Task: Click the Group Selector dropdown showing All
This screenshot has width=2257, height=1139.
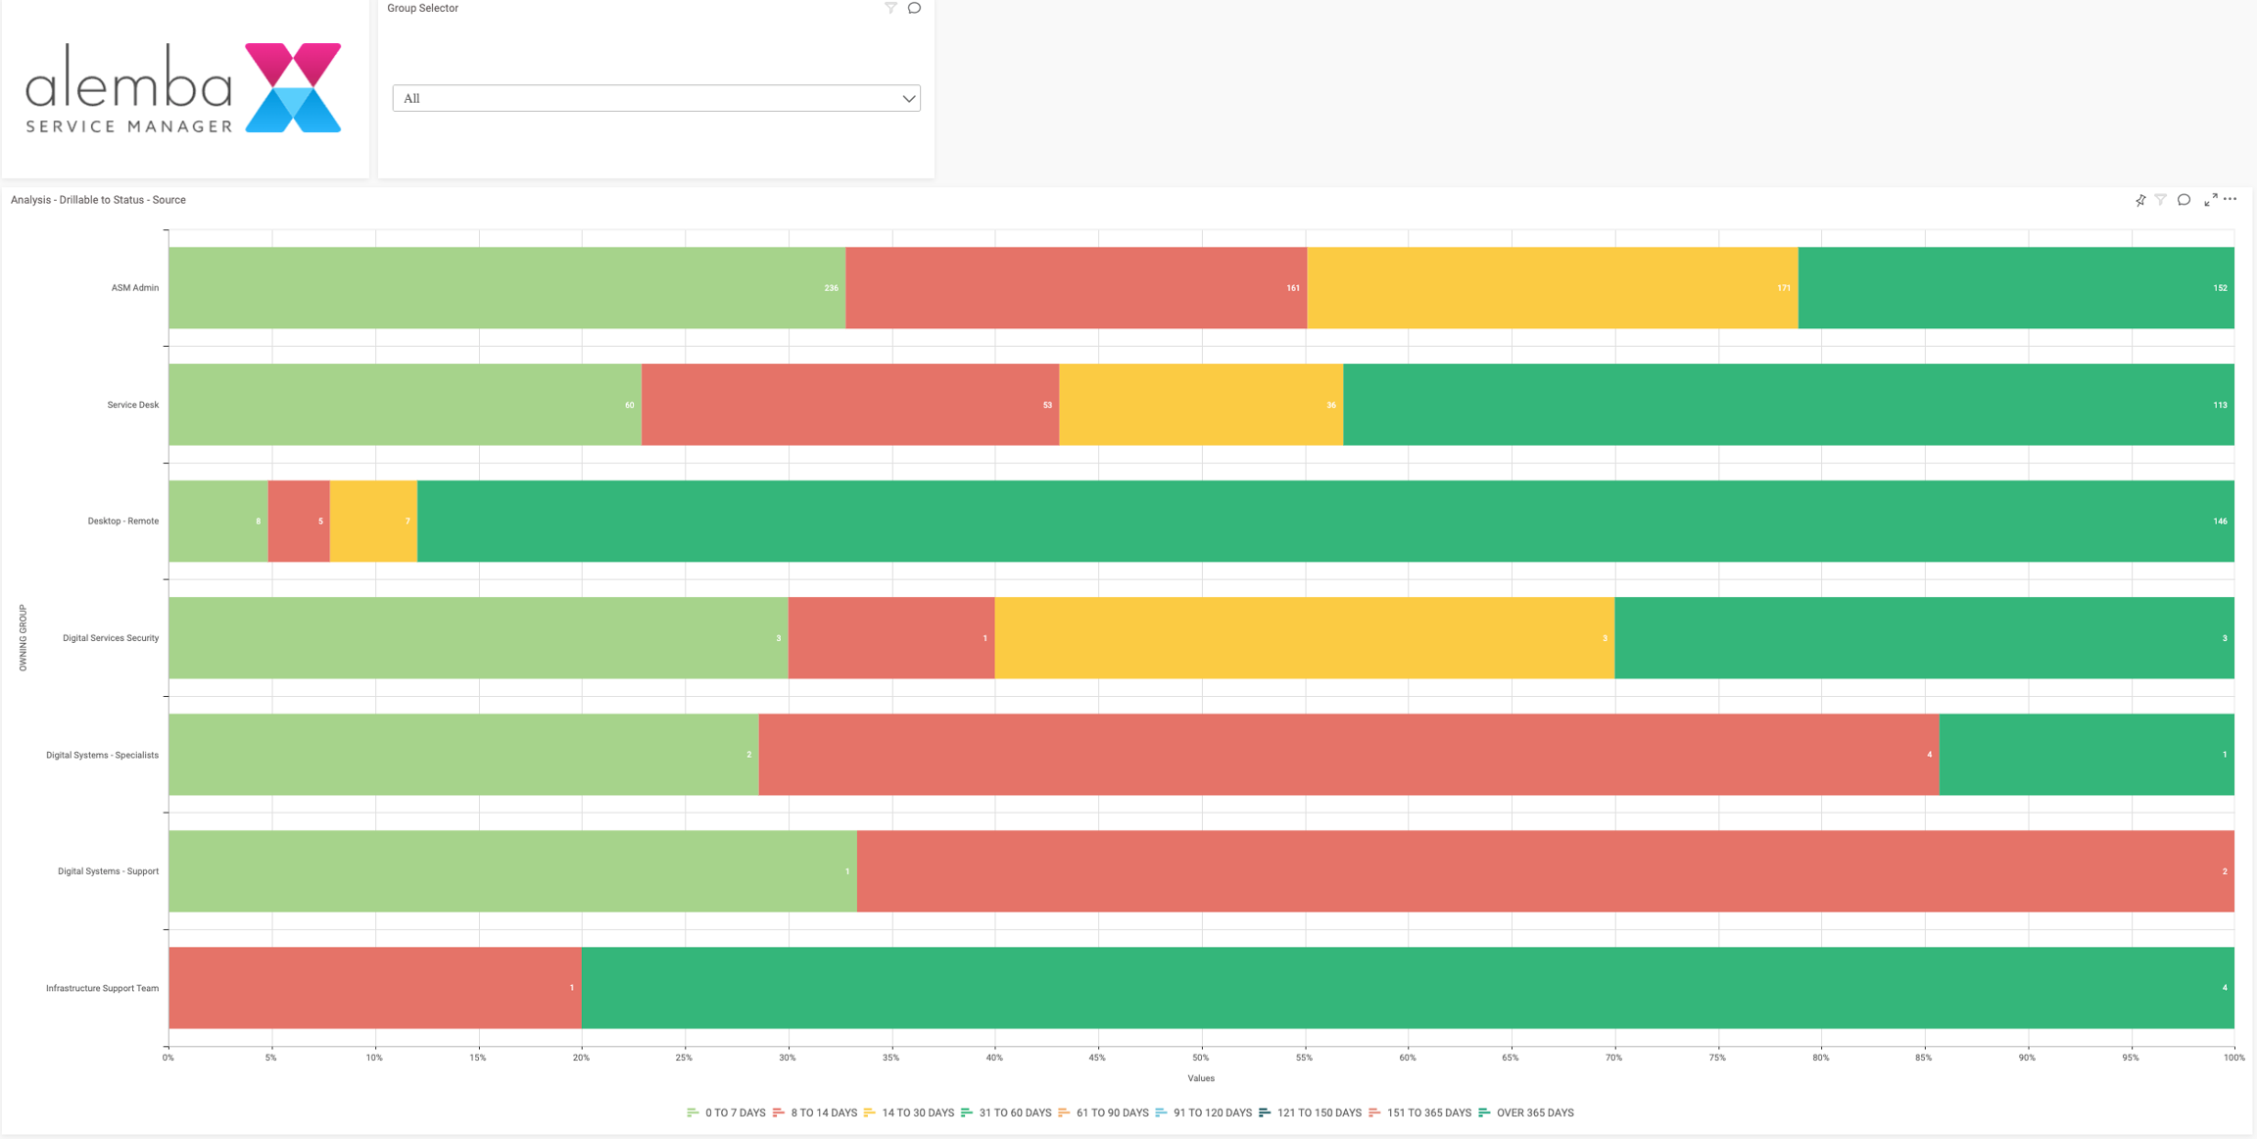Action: pos(655,98)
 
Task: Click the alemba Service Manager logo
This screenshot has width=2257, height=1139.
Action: pos(183,88)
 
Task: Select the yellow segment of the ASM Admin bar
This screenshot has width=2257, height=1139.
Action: pos(1552,288)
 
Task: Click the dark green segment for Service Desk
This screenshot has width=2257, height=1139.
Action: pos(1788,405)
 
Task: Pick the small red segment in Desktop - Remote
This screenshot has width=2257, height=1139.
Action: pos(299,521)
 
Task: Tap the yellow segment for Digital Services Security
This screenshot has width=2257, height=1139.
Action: pos(1304,638)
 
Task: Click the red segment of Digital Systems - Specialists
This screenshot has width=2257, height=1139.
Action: pos(1348,755)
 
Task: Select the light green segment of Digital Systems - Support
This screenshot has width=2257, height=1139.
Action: pos(512,871)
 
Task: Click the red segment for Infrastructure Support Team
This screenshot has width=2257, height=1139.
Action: pos(374,988)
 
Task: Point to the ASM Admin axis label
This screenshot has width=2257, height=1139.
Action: pos(135,288)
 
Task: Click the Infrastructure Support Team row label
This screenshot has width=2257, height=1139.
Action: pos(102,988)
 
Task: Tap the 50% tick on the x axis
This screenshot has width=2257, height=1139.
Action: pos(1200,1058)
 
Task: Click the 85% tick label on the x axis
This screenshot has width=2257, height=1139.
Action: pos(1923,1058)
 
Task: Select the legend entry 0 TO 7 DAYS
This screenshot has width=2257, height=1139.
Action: pos(727,1113)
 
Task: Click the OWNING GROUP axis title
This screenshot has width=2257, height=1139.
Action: pos(24,638)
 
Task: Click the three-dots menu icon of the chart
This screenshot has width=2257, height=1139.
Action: pos(2230,199)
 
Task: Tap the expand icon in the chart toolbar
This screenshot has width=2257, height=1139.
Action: pos(2210,200)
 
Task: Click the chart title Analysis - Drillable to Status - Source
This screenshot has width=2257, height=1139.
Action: pos(98,200)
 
